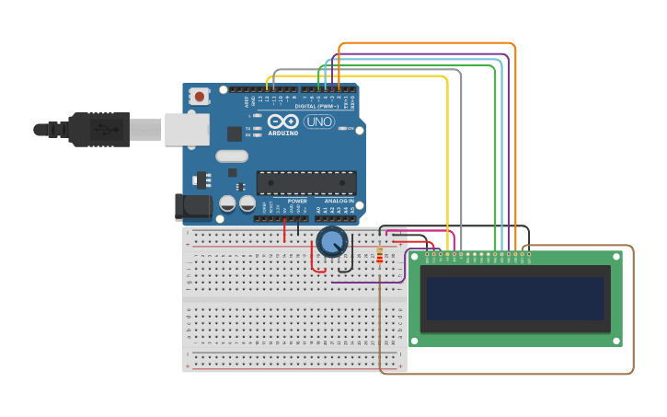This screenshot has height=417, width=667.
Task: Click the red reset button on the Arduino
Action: (x=200, y=96)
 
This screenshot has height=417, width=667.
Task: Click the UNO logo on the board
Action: (x=319, y=122)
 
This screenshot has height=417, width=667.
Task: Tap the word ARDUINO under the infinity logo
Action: (x=283, y=133)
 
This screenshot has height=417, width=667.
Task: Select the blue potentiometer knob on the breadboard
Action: (x=331, y=242)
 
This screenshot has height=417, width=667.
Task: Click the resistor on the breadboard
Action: (x=379, y=255)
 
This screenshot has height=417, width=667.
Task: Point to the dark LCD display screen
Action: (x=514, y=298)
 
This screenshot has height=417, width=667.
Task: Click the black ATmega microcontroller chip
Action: (x=306, y=182)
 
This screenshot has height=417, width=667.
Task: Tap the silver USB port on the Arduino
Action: (x=187, y=130)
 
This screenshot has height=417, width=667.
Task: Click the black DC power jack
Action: (x=192, y=207)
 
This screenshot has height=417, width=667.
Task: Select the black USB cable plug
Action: (x=98, y=130)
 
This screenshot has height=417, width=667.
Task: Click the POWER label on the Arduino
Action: (x=297, y=201)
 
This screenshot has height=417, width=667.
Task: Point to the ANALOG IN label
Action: (x=339, y=201)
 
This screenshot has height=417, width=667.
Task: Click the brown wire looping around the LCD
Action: (x=633, y=313)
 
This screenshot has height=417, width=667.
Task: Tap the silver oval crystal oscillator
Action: (x=232, y=156)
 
